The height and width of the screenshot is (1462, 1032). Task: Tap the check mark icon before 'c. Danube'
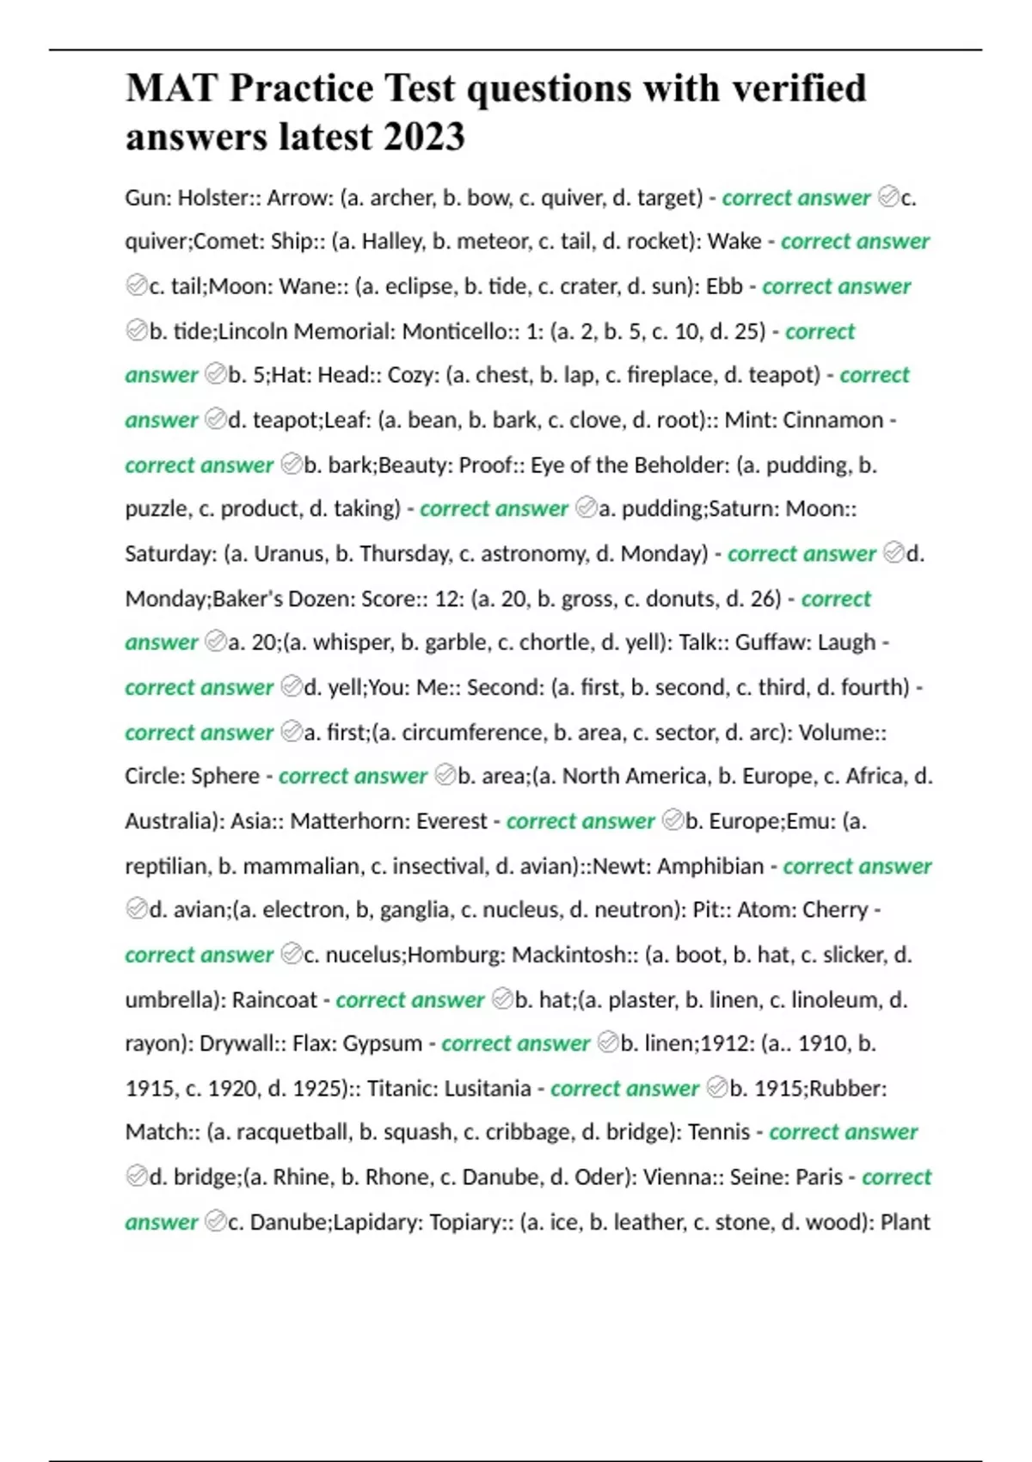point(216,1221)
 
